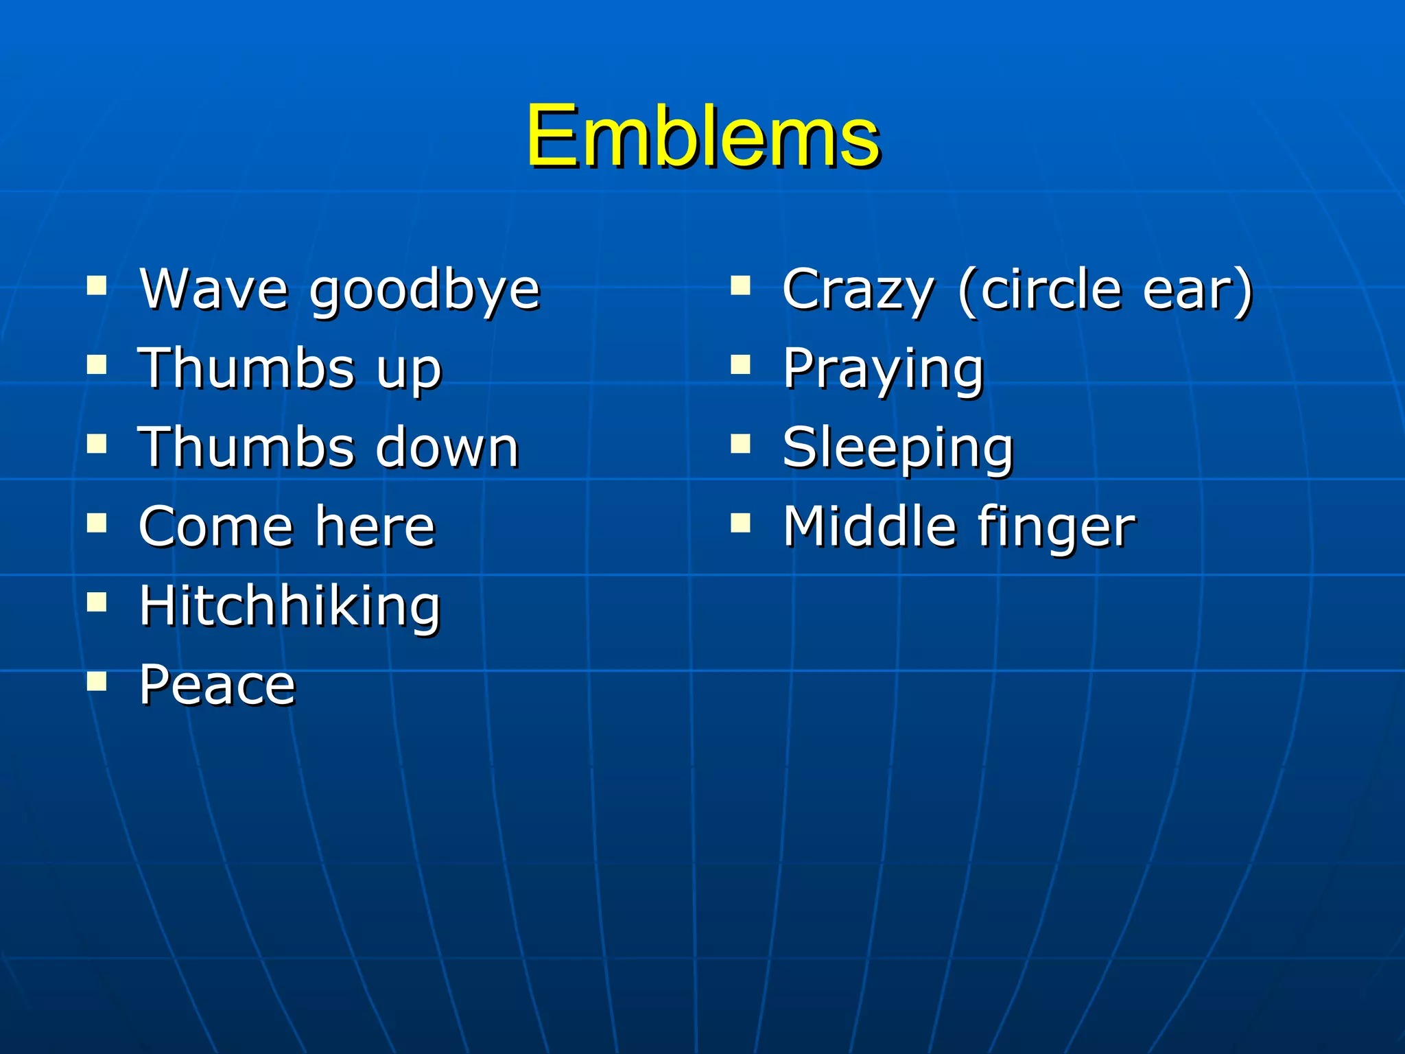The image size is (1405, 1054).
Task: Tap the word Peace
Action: tap(217, 685)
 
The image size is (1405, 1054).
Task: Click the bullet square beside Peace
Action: tap(97, 681)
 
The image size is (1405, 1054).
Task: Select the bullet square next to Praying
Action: tap(740, 364)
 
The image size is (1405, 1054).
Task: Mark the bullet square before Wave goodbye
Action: tap(97, 285)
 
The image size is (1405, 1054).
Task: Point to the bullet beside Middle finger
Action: tap(740, 523)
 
